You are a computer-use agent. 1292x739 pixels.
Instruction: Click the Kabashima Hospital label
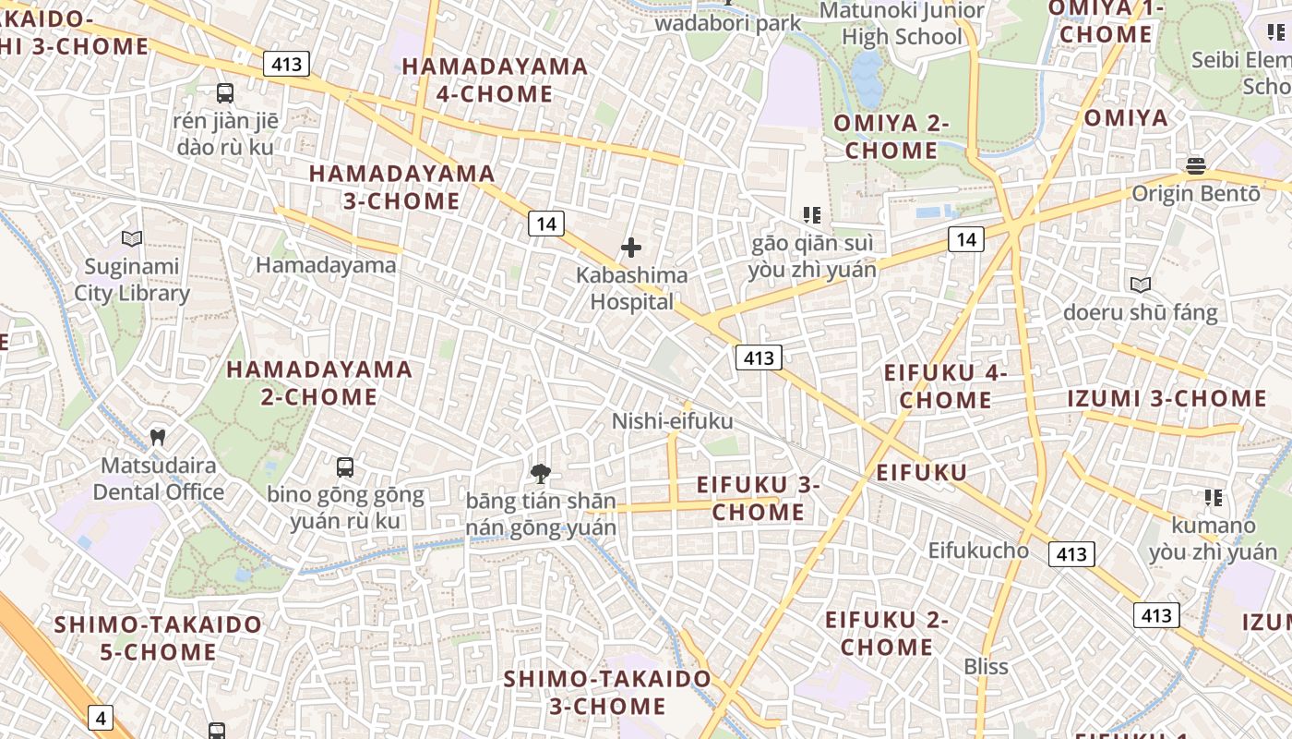(631, 288)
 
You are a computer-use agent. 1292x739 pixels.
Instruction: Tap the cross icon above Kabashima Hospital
(631, 248)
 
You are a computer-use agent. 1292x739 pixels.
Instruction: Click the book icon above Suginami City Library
(132, 239)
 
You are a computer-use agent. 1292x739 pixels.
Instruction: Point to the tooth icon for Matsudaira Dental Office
(158, 436)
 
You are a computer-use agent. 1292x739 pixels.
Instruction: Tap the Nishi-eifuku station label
(672, 421)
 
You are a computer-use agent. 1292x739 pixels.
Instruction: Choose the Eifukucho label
(977, 550)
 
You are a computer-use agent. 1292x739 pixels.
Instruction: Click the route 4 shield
(101, 716)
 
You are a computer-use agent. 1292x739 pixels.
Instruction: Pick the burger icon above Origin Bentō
(1196, 166)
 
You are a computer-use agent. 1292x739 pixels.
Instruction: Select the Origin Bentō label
(1195, 194)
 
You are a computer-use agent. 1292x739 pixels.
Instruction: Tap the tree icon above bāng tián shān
(541, 475)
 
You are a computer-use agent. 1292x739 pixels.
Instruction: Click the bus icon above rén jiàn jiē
(225, 93)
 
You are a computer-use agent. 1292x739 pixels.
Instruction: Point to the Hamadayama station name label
(326, 265)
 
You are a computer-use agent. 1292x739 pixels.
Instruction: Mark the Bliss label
(986, 666)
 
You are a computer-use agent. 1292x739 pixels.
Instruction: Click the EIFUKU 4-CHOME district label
(945, 386)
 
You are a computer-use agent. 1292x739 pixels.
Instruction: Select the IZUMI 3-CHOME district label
(1166, 398)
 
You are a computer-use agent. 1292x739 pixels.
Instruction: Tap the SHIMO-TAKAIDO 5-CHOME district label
(158, 637)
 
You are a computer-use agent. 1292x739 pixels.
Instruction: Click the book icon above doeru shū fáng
(1141, 285)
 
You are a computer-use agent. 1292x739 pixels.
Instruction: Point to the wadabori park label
(727, 23)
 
